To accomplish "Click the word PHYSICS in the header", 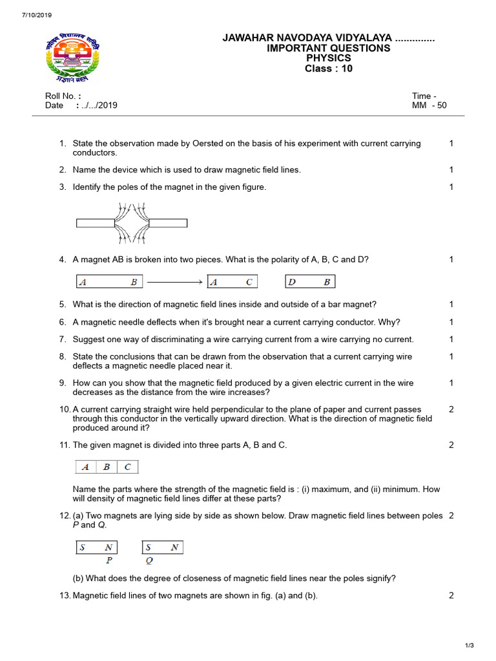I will (x=329, y=59).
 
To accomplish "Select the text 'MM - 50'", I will (x=429, y=105).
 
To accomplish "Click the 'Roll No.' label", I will (x=62, y=96).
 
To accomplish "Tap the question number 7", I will (x=63, y=340).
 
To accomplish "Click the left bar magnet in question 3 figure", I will (x=95, y=223).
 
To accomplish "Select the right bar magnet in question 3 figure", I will (x=168, y=223).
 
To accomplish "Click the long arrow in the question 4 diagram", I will (x=175, y=282).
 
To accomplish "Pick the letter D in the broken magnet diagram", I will (x=292, y=282).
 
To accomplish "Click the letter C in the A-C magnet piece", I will (x=249, y=282).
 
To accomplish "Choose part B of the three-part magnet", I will (x=107, y=467).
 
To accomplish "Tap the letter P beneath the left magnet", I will (x=109, y=560).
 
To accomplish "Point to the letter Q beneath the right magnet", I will (x=149, y=560).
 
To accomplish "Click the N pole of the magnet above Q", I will (x=174, y=547).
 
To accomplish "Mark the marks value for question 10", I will (x=451, y=409).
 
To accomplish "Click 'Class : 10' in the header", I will (x=329, y=69).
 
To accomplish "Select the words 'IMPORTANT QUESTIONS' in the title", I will (x=329, y=48).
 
